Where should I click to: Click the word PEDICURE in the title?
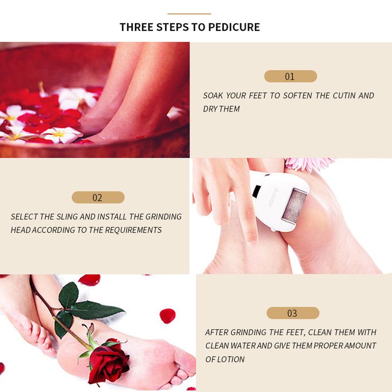tap(234, 27)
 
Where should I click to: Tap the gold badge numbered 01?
tap(291, 76)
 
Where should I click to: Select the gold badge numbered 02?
tap(98, 197)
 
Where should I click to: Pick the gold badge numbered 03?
tap(293, 313)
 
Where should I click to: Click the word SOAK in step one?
tap(213, 96)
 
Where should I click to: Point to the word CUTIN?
tap(344, 96)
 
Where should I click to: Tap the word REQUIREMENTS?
tap(133, 230)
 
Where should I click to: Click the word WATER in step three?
tap(243, 346)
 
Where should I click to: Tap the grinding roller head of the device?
tap(294, 205)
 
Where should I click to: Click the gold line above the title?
tap(189, 14)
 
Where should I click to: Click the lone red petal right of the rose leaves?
tap(167, 316)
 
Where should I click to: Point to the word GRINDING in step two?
tap(164, 217)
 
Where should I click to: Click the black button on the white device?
tap(256, 191)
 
